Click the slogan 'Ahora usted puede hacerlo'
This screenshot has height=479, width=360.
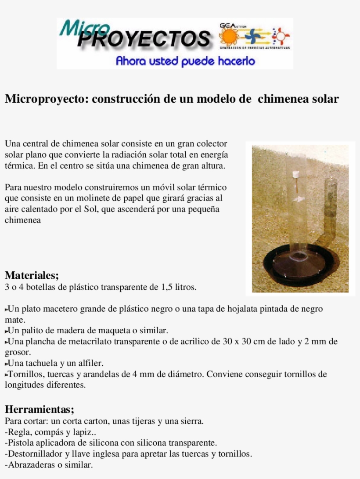pyautogui.click(x=185, y=61)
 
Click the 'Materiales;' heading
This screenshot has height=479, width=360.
pyautogui.click(x=32, y=275)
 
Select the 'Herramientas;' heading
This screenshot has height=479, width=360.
pyautogui.click(x=40, y=410)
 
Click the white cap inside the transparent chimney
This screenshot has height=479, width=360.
pyautogui.click(x=295, y=175)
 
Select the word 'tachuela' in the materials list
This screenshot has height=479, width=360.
pyautogui.click(x=37, y=364)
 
